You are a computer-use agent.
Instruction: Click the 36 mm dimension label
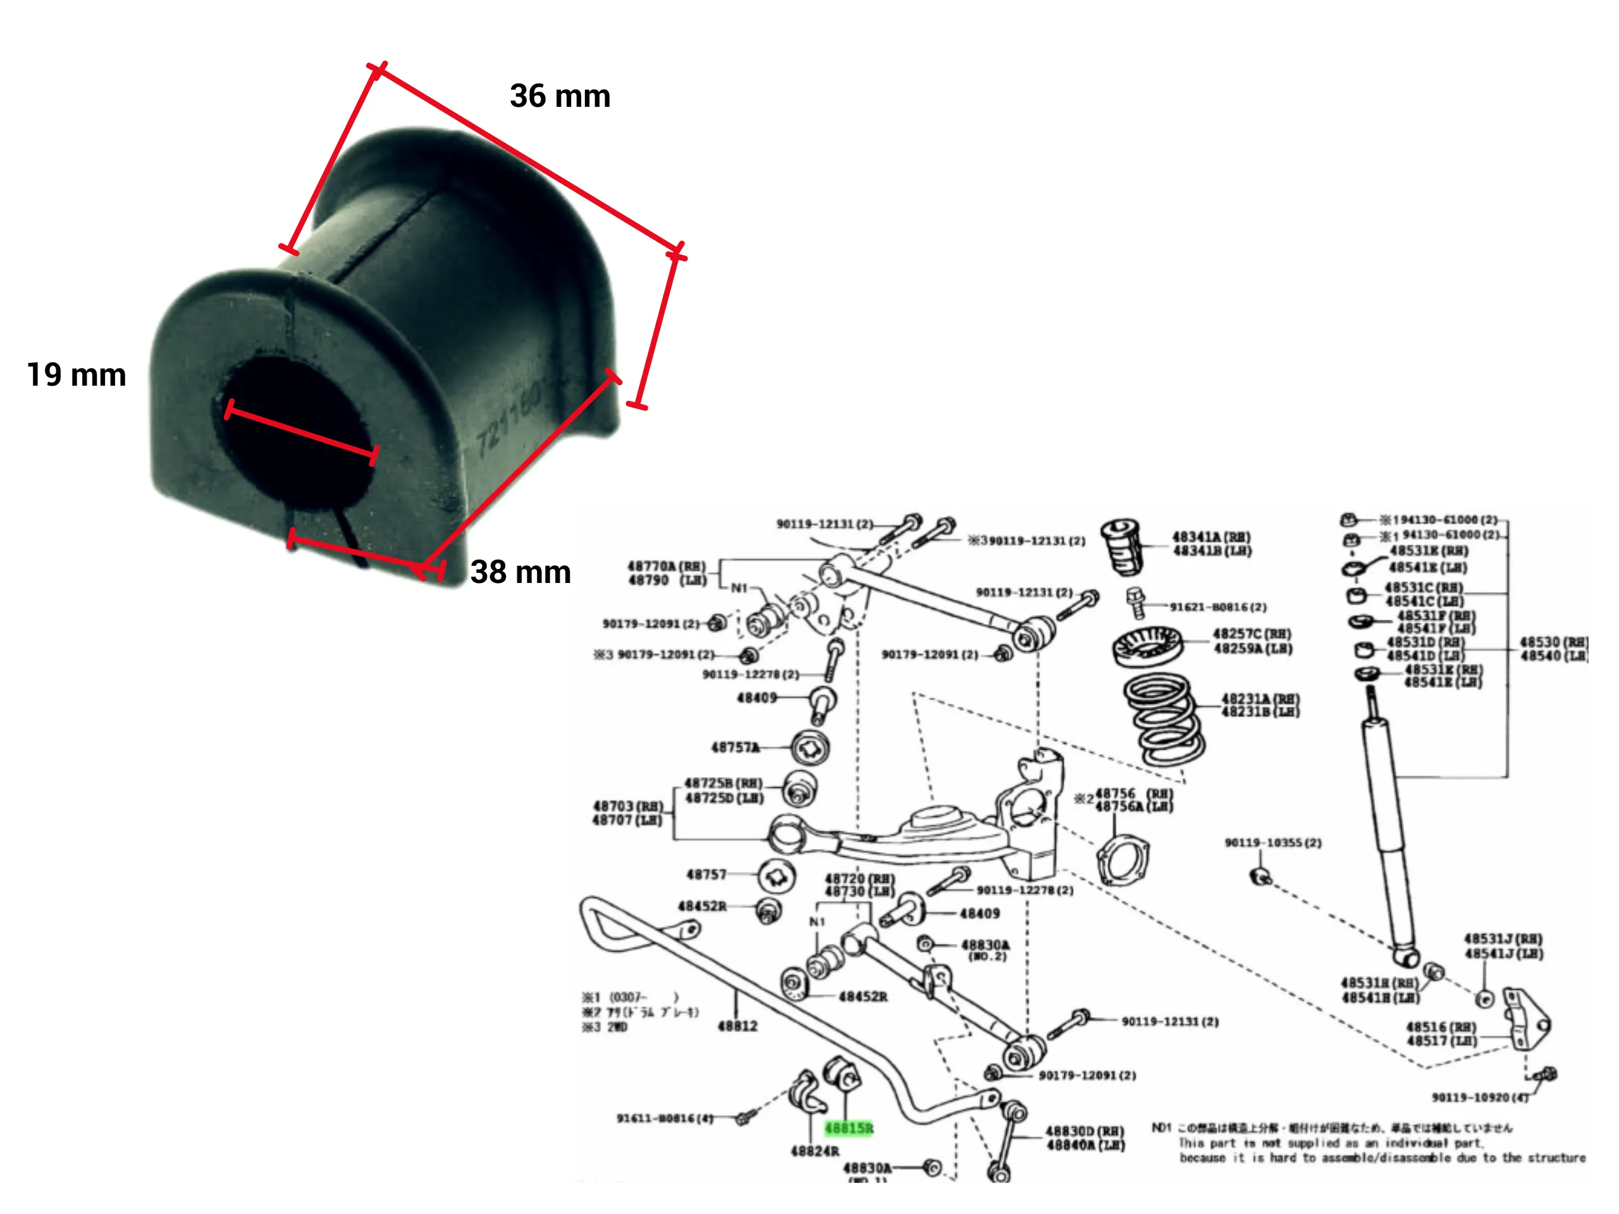click(x=560, y=96)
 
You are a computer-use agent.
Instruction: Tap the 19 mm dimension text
click(x=76, y=375)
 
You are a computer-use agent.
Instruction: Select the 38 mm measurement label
click(x=520, y=572)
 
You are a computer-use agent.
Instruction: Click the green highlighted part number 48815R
click(x=849, y=1127)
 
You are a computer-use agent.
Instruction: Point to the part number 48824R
click(x=815, y=1151)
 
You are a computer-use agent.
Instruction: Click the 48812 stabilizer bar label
click(x=738, y=1026)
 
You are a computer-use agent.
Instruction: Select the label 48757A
click(x=735, y=747)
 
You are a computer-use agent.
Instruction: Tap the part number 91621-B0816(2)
click(x=1218, y=606)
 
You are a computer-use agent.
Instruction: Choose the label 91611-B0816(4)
click(x=665, y=1118)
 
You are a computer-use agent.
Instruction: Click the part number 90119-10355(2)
click(x=1273, y=842)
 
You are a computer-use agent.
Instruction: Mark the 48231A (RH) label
click(x=1260, y=699)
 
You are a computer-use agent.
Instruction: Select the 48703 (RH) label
click(x=627, y=806)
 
